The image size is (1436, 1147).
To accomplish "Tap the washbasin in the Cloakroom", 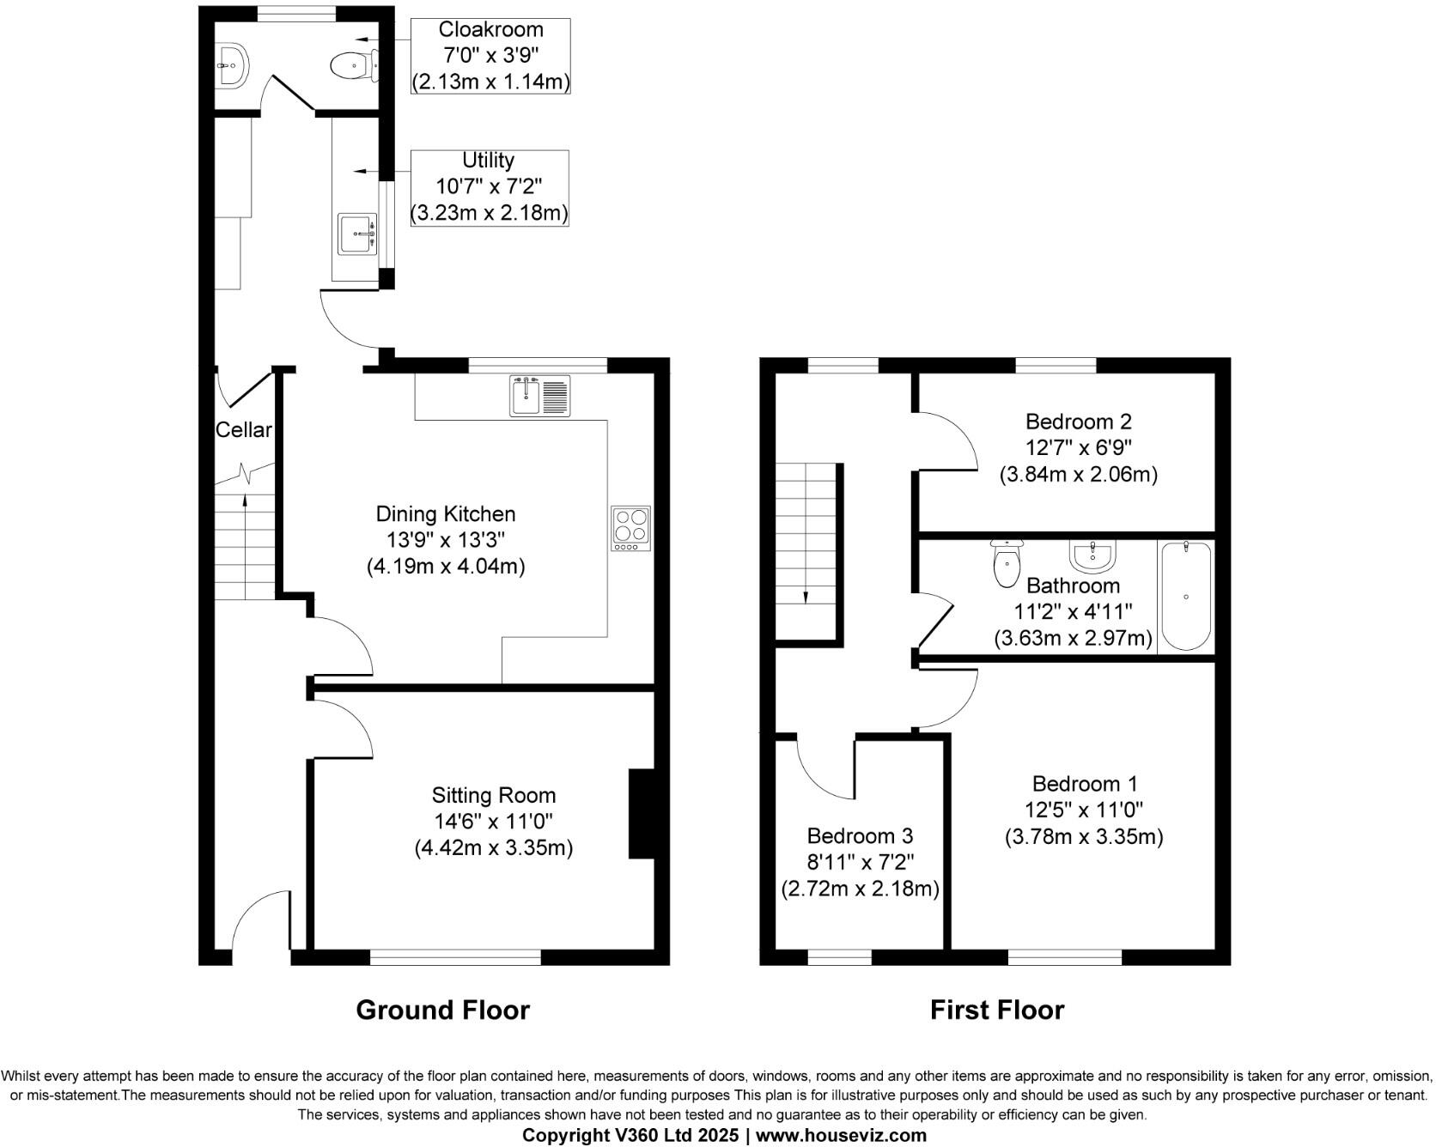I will click(x=232, y=64).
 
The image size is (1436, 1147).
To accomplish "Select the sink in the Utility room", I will click(x=357, y=234).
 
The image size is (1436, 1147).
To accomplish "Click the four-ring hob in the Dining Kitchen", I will click(x=630, y=528).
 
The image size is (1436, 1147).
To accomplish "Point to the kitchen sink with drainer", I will click(x=540, y=396).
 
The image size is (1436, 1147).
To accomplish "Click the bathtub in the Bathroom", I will click(x=1185, y=596).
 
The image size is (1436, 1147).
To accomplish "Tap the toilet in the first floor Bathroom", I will click(x=1005, y=563).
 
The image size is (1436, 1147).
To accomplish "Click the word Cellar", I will click(x=243, y=430).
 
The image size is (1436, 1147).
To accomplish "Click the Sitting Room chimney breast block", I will click(x=642, y=813).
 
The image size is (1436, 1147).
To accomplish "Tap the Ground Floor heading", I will click(x=442, y=1010).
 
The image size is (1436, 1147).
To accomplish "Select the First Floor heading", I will click(x=996, y=1010).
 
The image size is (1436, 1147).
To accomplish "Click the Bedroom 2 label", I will click(x=1078, y=422).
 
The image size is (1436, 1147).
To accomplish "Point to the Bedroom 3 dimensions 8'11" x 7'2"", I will click(x=860, y=862).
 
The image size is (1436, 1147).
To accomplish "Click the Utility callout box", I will click(x=489, y=187).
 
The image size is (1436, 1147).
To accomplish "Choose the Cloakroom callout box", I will click(x=490, y=56).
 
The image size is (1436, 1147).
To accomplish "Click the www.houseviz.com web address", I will click(x=841, y=1136).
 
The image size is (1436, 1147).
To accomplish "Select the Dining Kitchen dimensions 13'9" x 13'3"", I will click(x=445, y=540).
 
